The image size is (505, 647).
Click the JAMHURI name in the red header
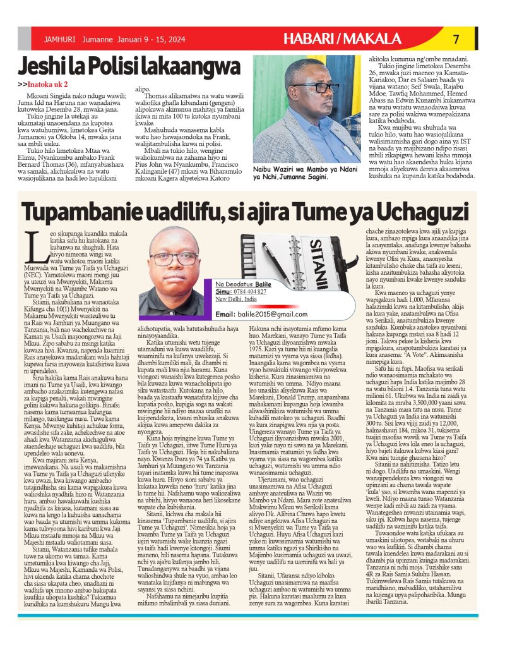[x=56, y=39]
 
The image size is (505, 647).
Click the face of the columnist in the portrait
[x=174, y=258]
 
